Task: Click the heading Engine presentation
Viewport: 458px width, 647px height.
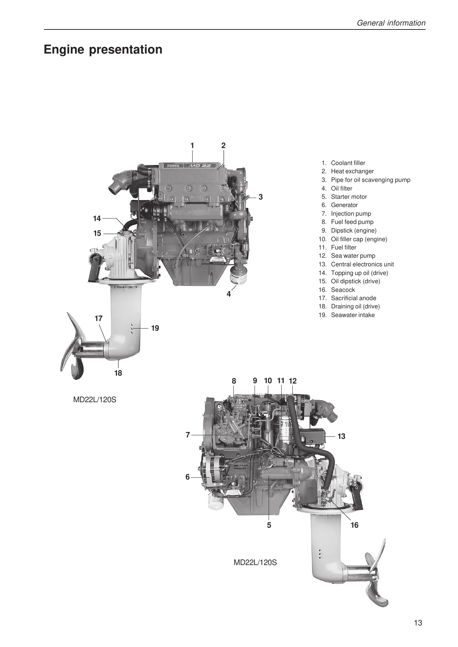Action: tap(103, 50)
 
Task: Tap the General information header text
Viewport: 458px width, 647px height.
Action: tap(391, 23)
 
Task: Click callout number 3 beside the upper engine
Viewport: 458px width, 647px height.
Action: tap(261, 197)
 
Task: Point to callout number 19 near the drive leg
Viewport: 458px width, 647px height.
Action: tap(155, 328)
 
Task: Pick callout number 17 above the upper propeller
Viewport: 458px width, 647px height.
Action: tap(99, 318)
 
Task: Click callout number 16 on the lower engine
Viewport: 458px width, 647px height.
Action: tap(354, 525)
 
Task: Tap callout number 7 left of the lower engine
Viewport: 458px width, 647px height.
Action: tap(188, 435)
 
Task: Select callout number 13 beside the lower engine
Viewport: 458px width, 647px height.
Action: tap(341, 436)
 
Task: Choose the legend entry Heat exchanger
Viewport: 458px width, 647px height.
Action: tap(352, 171)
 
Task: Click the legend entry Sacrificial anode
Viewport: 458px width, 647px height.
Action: tap(354, 298)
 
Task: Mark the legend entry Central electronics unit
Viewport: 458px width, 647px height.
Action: tap(362, 264)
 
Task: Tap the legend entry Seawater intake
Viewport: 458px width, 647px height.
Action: tap(353, 315)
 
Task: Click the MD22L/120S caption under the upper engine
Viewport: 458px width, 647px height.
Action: tap(95, 399)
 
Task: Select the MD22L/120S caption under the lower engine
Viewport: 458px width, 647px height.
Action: tap(255, 563)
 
